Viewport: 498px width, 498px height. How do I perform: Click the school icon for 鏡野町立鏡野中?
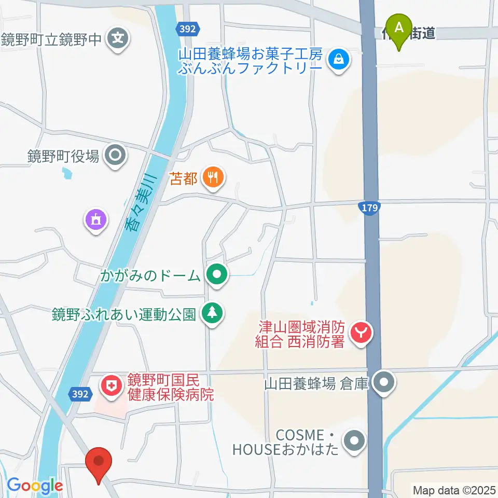tap(119, 38)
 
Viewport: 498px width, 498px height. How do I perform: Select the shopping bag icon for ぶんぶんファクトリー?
tap(338, 61)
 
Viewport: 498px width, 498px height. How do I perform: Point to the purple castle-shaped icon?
tap(96, 220)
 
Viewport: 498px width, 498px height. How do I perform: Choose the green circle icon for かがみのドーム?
tap(217, 274)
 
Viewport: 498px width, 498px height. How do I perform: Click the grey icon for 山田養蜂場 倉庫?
tap(384, 383)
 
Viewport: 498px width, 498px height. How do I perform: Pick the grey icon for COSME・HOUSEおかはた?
tap(355, 441)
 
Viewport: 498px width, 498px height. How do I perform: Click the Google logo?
tap(34, 486)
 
